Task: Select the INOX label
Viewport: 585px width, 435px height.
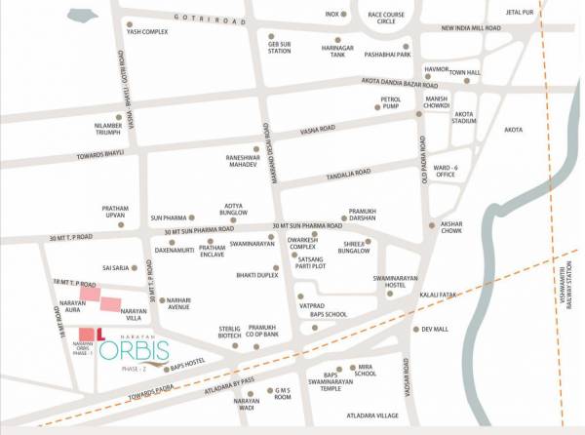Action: point(332,15)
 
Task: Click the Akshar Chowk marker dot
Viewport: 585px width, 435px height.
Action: point(430,225)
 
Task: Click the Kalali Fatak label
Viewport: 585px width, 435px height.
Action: point(434,294)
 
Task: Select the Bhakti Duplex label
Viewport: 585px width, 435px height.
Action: point(257,276)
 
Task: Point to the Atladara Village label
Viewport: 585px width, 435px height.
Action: point(373,415)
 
